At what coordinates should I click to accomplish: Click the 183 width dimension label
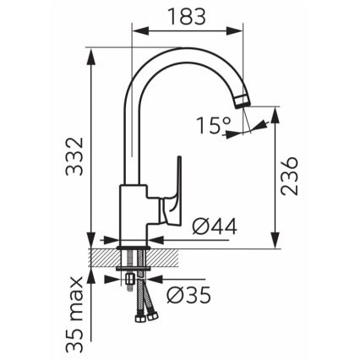coord(186,15)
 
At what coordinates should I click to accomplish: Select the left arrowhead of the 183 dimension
coord(137,30)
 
